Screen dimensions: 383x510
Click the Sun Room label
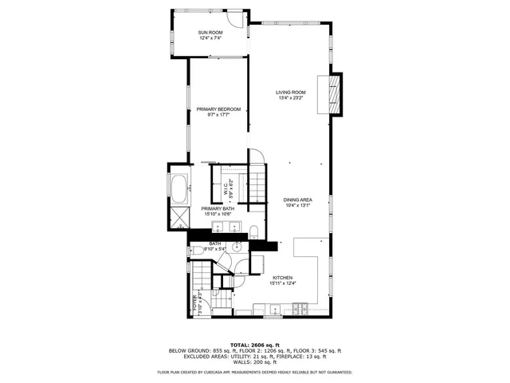[x=210, y=31]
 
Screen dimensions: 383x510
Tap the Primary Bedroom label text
[x=218, y=109]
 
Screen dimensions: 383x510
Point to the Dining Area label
[x=296, y=199]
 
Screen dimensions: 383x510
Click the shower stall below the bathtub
[x=178, y=217]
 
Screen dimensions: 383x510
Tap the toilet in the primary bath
[x=253, y=232]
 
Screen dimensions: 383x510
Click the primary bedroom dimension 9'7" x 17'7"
[x=218, y=114]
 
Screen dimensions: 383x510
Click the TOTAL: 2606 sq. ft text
[x=254, y=344]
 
